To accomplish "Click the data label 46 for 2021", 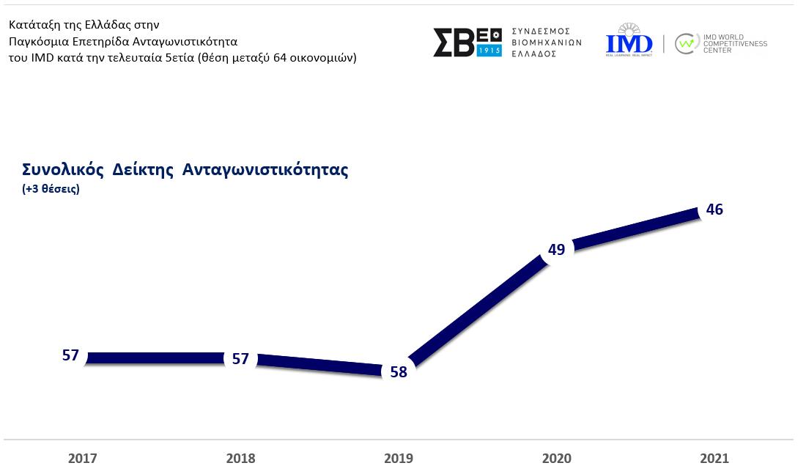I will (x=714, y=210).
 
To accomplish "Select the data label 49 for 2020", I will (x=556, y=250).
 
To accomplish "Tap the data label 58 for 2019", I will (x=398, y=372).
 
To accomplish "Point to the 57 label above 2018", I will (x=240, y=359).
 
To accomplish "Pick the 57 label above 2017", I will (x=70, y=356).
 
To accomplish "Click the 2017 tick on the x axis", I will (x=82, y=459).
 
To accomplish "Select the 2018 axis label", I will (x=240, y=459).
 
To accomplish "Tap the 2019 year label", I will (x=399, y=459).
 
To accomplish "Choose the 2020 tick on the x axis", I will (x=556, y=459).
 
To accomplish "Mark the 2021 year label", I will (x=714, y=459).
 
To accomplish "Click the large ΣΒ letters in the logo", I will (x=454, y=43).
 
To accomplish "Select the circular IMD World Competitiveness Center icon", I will (x=686, y=44).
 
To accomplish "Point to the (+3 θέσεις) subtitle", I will (x=51, y=189).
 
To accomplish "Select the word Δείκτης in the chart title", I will (x=143, y=171).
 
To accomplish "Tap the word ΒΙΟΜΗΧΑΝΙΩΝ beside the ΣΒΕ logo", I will (x=547, y=42).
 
